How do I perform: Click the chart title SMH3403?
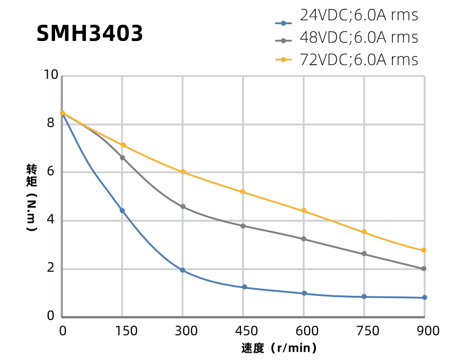[x=90, y=34]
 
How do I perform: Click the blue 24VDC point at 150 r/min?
[x=122, y=210]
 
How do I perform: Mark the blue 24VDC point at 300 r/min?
[x=183, y=270]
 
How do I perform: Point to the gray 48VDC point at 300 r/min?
[x=183, y=206]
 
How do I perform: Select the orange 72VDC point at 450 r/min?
[x=243, y=192]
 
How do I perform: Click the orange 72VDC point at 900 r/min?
[x=424, y=250]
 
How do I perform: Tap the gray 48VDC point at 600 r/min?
[x=303, y=239]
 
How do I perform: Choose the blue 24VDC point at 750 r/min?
[x=364, y=296]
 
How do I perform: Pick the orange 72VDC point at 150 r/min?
[x=123, y=145]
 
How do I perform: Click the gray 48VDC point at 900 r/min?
[x=424, y=268]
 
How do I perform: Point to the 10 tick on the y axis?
[x=51, y=75]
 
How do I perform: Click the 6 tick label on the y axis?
[x=51, y=172]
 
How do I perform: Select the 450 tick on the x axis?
[x=243, y=331]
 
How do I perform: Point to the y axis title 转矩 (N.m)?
[x=32, y=197]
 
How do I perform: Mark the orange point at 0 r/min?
[x=62, y=113]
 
